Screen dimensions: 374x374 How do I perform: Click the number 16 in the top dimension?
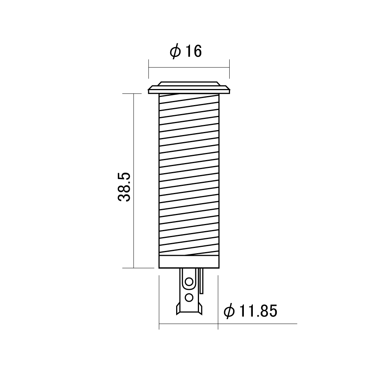[x=193, y=51]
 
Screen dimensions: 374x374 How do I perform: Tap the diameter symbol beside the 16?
[x=175, y=51]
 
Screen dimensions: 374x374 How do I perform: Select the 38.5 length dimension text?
[x=124, y=187]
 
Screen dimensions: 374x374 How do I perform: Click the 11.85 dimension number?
[x=258, y=311]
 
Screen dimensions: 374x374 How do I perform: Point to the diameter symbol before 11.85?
[x=229, y=311]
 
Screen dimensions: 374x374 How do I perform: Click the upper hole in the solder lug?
[x=189, y=282]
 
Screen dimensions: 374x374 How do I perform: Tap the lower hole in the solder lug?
[x=189, y=297]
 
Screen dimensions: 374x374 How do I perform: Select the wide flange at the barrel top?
[x=189, y=90]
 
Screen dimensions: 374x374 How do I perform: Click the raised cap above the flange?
[x=189, y=83]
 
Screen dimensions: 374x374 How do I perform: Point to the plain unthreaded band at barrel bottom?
[x=189, y=262]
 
